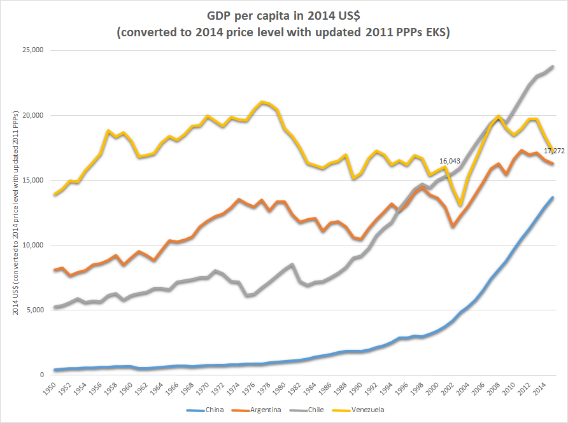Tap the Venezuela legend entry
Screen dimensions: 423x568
367,410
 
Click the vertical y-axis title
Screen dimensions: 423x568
15,212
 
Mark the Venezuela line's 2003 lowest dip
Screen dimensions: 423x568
460,205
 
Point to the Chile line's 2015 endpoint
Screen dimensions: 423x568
552,66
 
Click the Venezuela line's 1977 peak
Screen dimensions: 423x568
262,102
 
